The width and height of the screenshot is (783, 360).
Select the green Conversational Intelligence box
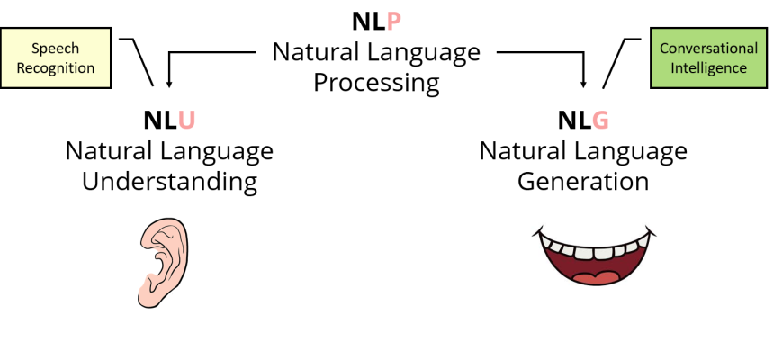[x=708, y=58]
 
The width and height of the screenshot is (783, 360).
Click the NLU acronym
[x=169, y=121]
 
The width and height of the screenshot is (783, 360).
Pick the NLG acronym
[x=583, y=121]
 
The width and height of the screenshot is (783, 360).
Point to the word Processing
[x=376, y=84]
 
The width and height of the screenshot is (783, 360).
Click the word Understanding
[x=169, y=182]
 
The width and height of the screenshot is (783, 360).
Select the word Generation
[x=583, y=182]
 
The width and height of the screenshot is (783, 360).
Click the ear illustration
[x=164, y=261]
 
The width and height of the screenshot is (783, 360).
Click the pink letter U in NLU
[x=187, y=121]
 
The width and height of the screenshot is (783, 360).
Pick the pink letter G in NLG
[x=601, y=121]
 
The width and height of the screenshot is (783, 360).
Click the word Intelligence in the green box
[x=708, y=67]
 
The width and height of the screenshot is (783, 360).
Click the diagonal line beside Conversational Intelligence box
[x=615, y=64]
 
